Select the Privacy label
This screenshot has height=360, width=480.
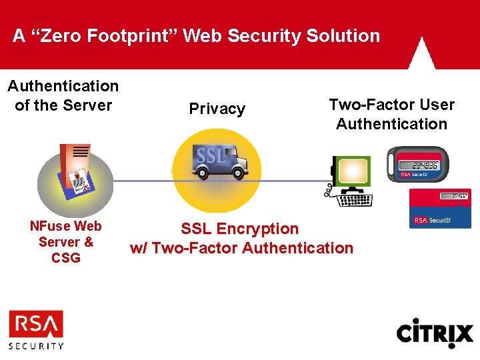[x=217, y=109]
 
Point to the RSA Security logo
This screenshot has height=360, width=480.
[x=36, y=329]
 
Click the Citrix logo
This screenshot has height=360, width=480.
[x=435, y=333]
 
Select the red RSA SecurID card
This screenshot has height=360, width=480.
[x=440, y=209]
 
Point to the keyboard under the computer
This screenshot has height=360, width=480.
[x=355, y=199]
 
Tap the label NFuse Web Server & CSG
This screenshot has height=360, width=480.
[x=66, y=242]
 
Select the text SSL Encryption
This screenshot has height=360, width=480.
[x=240, y=229]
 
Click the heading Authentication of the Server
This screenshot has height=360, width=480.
[x=63, y=95]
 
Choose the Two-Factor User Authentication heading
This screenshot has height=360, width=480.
[x=391, y=114]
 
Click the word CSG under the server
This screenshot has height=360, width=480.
[x=66, y=258]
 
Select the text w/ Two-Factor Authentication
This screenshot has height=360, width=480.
[x=241, y=248]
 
